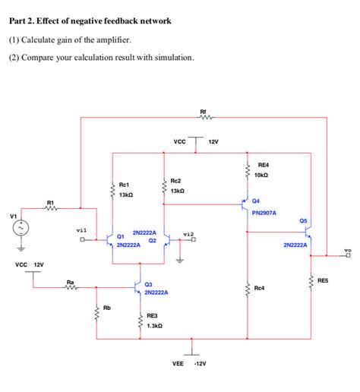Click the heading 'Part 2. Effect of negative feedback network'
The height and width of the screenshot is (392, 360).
point(90,21)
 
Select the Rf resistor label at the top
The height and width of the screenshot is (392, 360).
point(203,111)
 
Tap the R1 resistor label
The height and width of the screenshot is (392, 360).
point(50,201)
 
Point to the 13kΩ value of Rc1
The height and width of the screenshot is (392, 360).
point(126,195)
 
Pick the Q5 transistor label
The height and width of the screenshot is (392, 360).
point(303,220)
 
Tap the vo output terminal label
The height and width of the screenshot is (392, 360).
point(347,248)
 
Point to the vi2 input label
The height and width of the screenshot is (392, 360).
point(188,233)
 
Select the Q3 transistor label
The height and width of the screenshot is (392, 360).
point(149,283)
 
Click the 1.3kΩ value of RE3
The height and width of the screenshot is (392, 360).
point(154,325)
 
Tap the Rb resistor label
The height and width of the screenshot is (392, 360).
point(106,308)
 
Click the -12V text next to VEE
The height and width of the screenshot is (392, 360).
point(201,364)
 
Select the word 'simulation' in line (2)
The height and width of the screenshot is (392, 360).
point(171,58)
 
